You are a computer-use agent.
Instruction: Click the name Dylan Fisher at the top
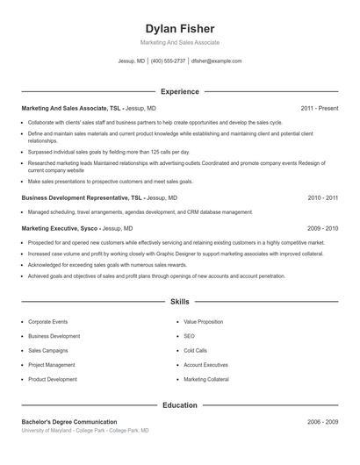coord(179,29)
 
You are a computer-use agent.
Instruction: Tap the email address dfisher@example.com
coord(216,61)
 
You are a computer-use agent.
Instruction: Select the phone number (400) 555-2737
coord(168,61)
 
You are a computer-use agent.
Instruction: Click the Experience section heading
coord(179,91)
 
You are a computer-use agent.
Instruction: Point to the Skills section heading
coord(179,301)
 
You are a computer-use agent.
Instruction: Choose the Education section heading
coord(179,405)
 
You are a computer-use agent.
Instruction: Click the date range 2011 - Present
coord(319,108)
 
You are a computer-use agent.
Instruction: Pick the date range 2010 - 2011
coord(322,198)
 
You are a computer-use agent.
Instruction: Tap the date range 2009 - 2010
coord(322,228)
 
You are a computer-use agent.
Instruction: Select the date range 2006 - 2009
coord(322,422)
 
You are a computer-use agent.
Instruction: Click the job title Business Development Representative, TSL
coord(82,198)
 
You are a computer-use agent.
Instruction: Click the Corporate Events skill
coord(47,322)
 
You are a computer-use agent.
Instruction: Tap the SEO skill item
coord(190,336)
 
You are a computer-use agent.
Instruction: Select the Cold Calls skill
coord(195,350)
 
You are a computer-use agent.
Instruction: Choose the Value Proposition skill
coord(204,322)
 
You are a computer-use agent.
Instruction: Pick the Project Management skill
coord(51,364)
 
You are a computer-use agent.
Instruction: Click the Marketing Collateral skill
coord(206,379)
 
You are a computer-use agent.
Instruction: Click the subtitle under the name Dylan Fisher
coord(179,42)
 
